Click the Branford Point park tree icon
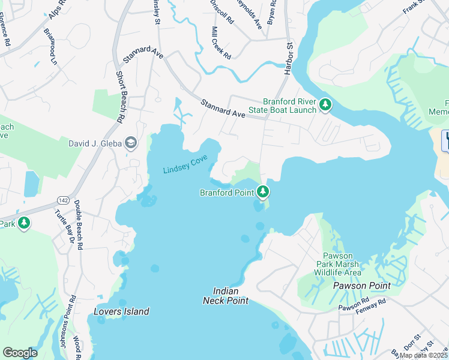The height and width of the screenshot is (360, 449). click(262, 192)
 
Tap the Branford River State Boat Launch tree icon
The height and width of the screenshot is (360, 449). click(325, 106)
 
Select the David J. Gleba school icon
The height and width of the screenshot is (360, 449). click(131, 143)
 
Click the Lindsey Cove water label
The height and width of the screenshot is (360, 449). click(185, 164)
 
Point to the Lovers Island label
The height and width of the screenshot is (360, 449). click(121, 311)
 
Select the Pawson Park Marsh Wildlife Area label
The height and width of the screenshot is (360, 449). click(338, 264)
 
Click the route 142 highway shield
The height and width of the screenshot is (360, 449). click(62, 199)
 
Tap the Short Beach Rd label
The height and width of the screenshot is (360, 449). click(119, 98)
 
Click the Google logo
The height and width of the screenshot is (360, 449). click(20, 352)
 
